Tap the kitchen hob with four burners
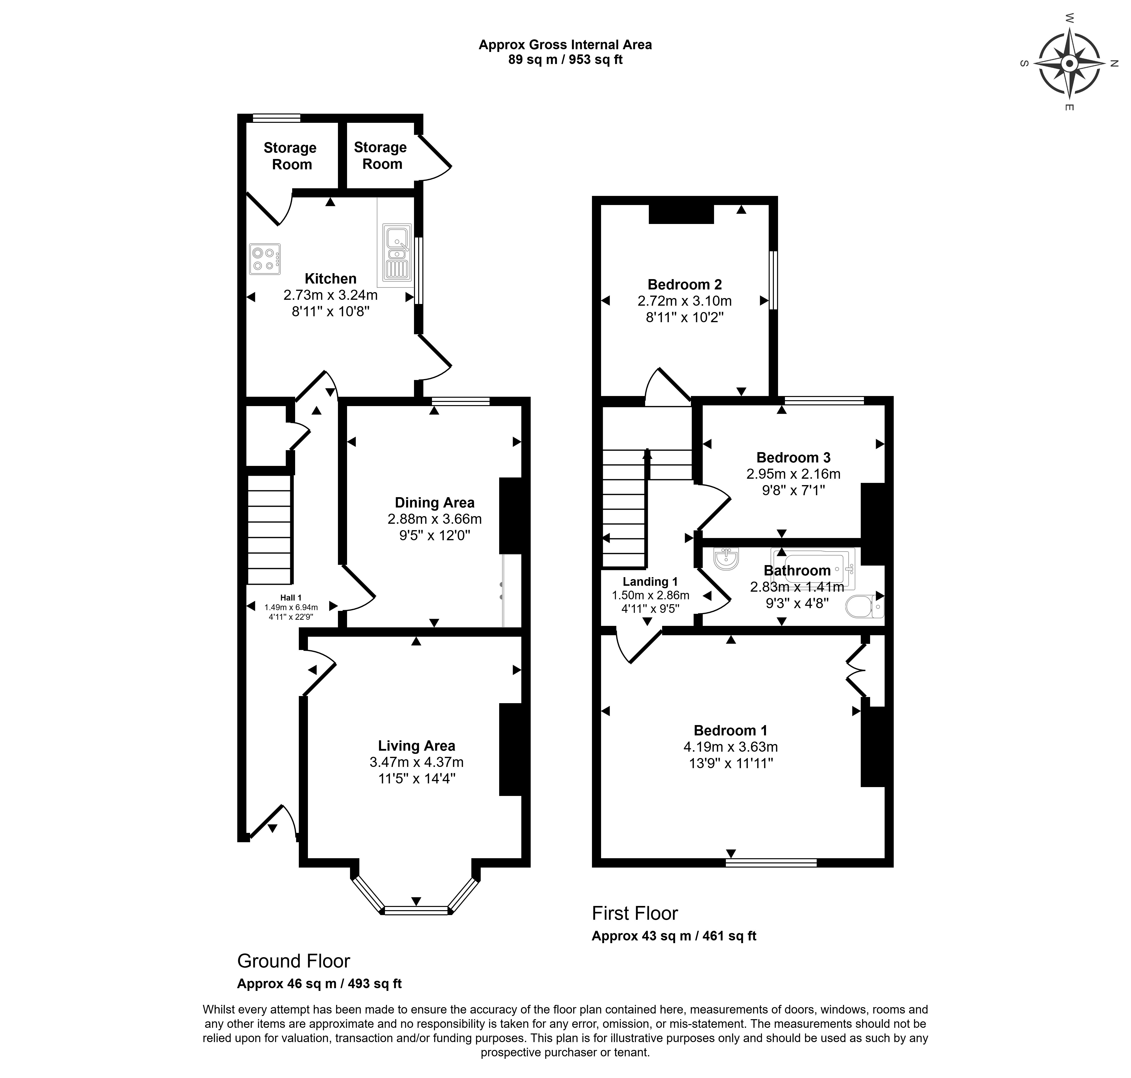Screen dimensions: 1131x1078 click(265, 259)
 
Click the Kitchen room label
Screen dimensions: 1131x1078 click(331, 279)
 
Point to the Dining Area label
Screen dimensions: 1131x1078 click(434, 503)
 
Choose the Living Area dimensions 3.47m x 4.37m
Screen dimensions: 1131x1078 click(417, 762)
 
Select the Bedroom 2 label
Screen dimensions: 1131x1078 click(685, 285)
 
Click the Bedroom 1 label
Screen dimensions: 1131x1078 click(731, 730)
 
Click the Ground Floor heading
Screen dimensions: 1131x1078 click(294, 961)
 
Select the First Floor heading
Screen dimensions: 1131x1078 click(635, 913)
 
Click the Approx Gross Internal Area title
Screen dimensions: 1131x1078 click(566, 45)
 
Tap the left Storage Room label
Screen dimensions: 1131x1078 click(291, 156)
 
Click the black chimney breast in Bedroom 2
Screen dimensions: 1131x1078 click(681, 214)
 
